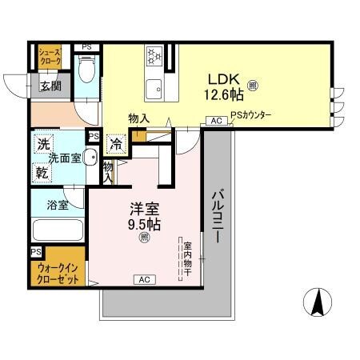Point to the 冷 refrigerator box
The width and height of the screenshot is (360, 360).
tap(117, 145)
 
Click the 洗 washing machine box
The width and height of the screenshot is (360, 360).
tap(42, 146)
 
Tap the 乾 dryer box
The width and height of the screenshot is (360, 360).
tap(42, 171)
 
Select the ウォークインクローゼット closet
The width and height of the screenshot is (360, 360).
tap(58, 274)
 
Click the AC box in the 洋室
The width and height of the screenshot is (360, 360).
tap(145, 279)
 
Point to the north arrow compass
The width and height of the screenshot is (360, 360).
tap(317, 302)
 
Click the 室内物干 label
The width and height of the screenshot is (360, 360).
tap(187, 258)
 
